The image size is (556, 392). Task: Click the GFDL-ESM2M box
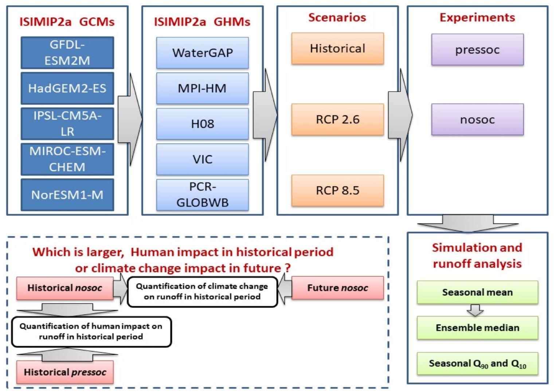pos(67,53)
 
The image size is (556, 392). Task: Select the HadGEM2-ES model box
pos(67,88)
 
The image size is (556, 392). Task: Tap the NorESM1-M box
pos(67,195)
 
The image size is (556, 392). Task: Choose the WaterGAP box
pos(202,53)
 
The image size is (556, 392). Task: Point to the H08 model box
pos(202,124)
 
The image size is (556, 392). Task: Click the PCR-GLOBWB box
pos(202,195)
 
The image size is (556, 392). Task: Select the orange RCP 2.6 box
pos(337,120)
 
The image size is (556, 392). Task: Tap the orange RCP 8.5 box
pos(337,190)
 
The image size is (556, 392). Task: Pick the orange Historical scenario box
pos(337,48)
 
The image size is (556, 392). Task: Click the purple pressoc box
pos(477,50)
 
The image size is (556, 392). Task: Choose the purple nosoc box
pos(477,120)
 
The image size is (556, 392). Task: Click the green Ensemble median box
pos(477,328)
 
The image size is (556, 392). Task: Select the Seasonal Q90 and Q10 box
pos(477,364)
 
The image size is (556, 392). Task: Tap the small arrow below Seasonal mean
pos(475,310)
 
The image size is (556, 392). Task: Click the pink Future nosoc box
pos(337,288)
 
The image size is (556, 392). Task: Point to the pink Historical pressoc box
pos(65,372)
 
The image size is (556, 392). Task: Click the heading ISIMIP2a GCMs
pos(67,22)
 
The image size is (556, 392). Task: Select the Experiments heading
pos(477,18)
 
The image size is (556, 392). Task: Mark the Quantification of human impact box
pos(91,331)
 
